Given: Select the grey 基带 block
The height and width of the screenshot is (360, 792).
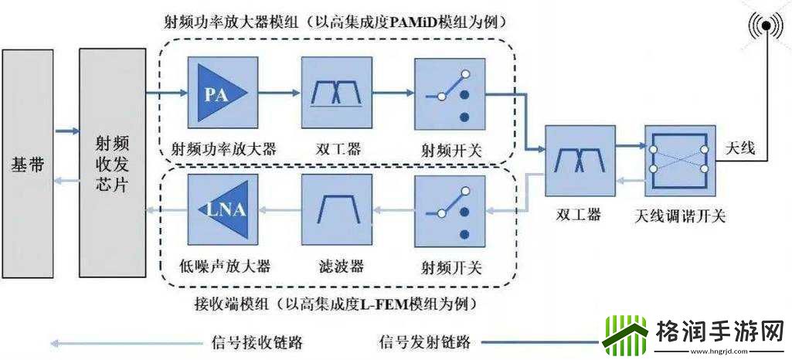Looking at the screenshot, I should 28,163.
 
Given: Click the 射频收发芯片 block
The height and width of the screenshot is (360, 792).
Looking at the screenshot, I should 112,163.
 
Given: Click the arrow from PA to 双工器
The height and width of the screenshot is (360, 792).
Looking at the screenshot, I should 277,94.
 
